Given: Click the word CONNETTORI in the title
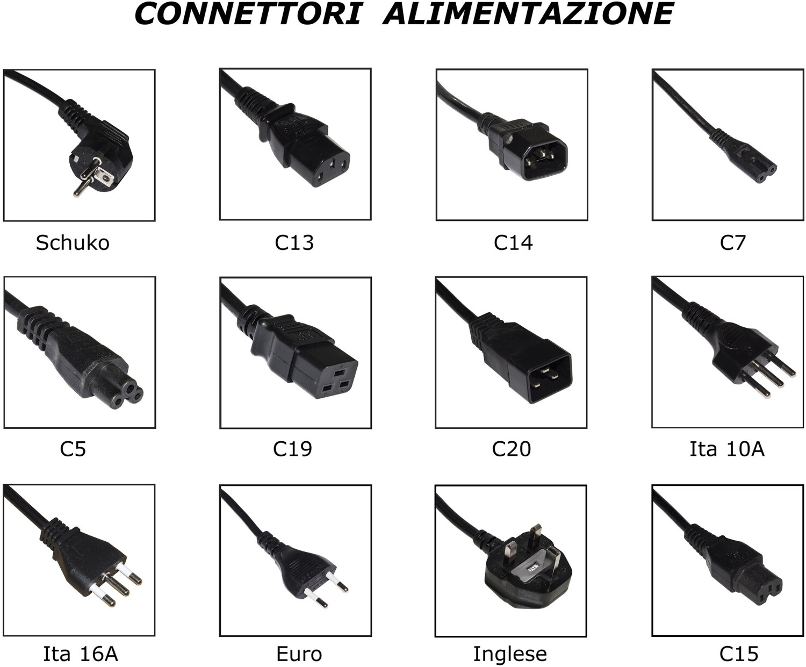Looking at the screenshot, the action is [248, 13].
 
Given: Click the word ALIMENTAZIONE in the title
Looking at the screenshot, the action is [528, 13].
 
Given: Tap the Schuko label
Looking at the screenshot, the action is [73, 243].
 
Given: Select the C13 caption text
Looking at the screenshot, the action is [294, 243].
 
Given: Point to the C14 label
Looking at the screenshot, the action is [513, 243].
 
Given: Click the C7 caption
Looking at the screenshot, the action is [732, 243].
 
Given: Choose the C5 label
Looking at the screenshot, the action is [73, 449].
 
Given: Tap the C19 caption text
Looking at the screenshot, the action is [292, 449].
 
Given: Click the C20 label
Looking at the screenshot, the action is [511, 449].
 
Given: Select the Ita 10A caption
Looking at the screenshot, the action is [727, 449].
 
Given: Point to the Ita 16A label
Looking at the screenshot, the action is [80, 654].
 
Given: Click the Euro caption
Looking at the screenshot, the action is [299, 654].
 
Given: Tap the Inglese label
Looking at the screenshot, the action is [510, 654].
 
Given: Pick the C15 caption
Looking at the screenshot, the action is [739, 654].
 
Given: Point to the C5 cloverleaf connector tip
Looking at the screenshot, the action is [126, 397].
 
